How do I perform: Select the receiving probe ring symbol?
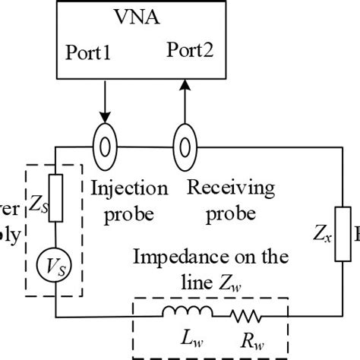click(x=182, y=144)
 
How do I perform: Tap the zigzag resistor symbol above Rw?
click(x=246, y=312)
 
